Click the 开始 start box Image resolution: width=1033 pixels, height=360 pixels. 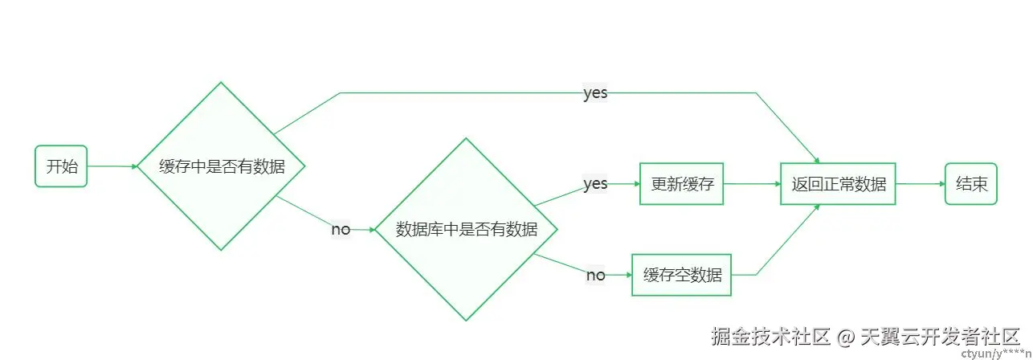[61, 166]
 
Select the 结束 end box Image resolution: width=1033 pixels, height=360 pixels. [971, 183]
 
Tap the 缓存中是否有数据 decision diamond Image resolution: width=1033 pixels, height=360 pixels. [221, 166]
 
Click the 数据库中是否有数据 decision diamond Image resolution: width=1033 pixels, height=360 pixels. [467, 229]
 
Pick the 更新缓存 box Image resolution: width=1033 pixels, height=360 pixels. [682, 183]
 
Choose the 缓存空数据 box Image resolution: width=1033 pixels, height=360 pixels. [682, 275]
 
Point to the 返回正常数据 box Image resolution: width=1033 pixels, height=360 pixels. [838, 183]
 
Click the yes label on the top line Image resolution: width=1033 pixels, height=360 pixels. [595, 93]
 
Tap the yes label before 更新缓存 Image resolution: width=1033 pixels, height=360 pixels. [595, 184]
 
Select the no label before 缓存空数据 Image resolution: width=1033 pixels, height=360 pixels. [595, 275]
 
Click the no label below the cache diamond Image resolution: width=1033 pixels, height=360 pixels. [341, 229]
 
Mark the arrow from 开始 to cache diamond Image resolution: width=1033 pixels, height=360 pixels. [112, 166]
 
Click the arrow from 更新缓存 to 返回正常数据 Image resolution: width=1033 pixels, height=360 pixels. [752, 183]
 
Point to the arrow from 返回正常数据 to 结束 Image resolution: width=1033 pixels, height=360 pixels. [920, 183]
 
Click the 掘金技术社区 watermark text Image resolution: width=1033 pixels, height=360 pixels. [770, 336]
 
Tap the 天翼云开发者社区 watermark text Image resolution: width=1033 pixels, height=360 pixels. [940, 336]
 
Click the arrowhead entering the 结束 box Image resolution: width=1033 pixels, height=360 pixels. [941, 183]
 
